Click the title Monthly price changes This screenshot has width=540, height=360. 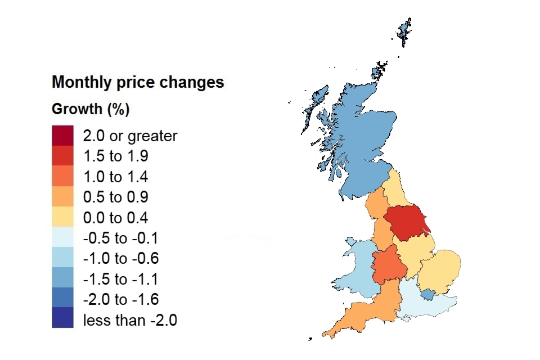[x=138, y=83]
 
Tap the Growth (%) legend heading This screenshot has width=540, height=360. [x=91, y=109]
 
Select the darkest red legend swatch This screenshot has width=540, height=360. [x=62, y=136]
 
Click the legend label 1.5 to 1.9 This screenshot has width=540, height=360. [x=115, y=156]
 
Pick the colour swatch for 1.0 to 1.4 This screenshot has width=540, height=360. [x=62, y=177]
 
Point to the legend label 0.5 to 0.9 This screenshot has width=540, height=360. [x=115, y=197]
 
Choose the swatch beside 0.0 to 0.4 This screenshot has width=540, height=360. [x=62, y=218]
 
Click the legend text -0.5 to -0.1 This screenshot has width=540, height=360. [x=120, y=238]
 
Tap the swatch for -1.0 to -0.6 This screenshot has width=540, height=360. [x=62, y=259]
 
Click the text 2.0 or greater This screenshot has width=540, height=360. [x=130, y=136]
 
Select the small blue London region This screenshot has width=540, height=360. [x=428, y=294]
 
